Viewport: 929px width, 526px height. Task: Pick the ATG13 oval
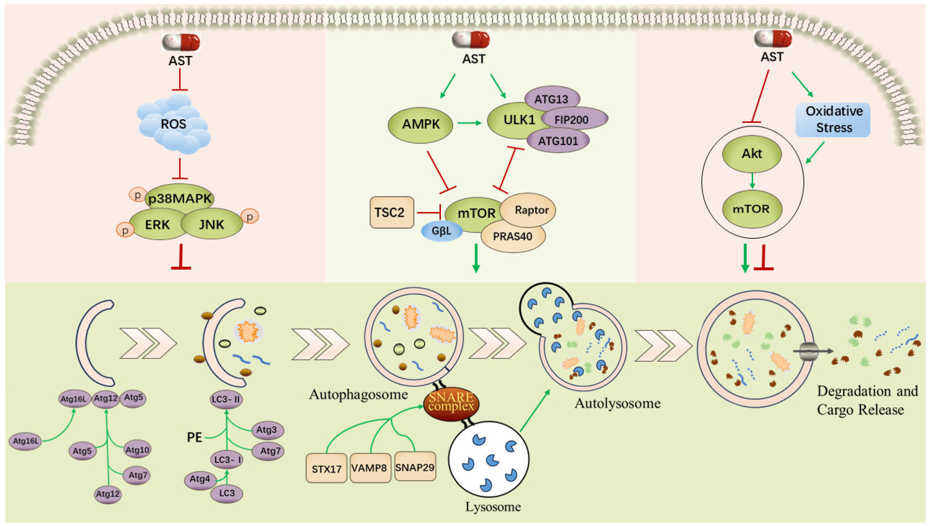(552, 99)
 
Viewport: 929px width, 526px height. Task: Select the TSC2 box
(392, 212)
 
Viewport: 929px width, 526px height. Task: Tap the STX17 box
(327, 468)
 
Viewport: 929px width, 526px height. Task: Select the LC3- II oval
(227, 400)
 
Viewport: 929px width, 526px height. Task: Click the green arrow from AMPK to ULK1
(469, 123)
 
